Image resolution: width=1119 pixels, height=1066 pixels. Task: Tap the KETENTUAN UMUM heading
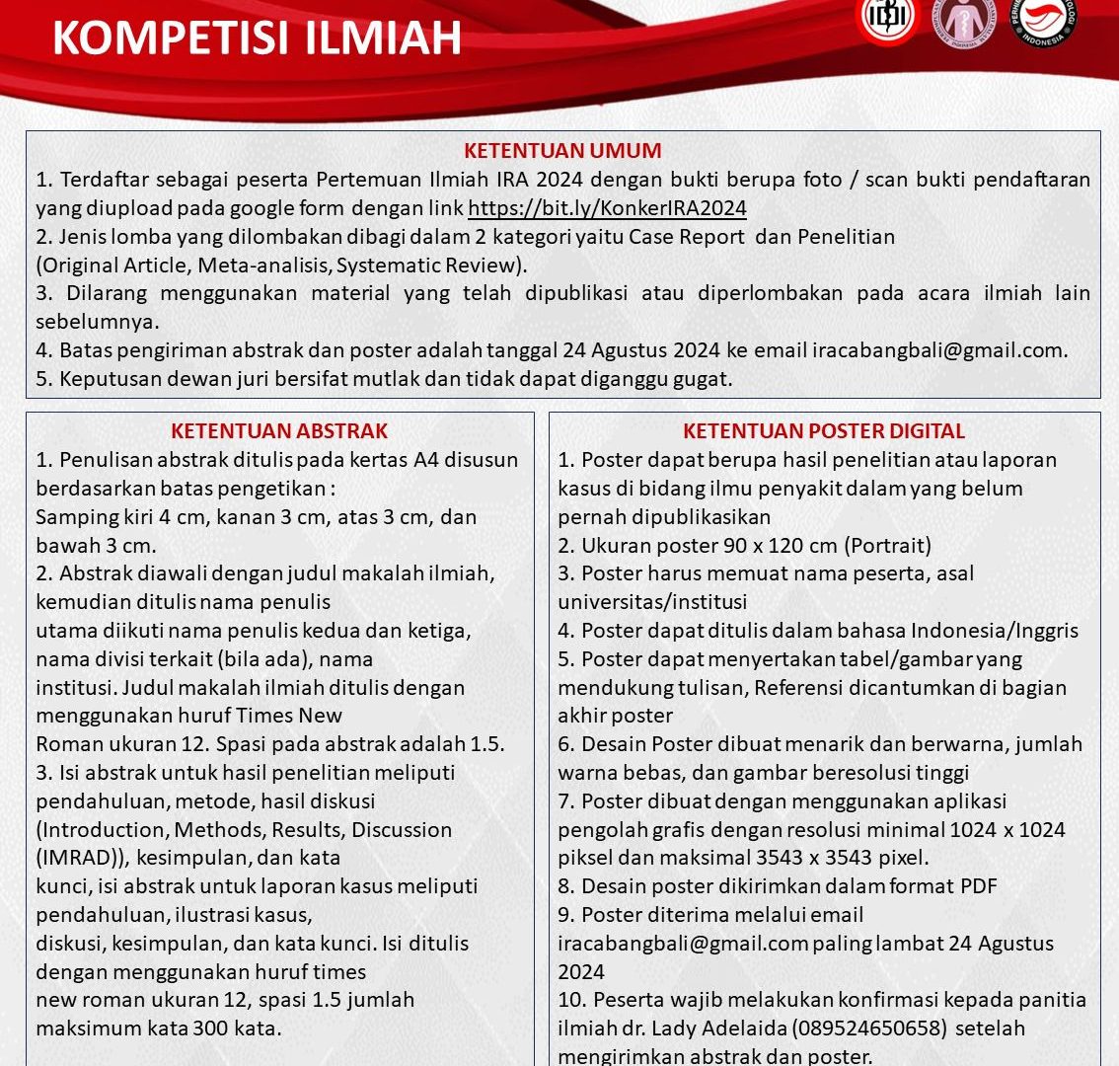[562, 151]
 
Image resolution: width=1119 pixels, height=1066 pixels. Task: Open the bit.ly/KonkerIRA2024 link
[607, 208]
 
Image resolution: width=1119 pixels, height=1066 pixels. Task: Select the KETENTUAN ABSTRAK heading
[279, 430]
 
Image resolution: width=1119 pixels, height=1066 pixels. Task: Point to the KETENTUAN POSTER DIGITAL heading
[824, 430]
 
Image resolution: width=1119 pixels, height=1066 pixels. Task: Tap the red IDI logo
[887, 20]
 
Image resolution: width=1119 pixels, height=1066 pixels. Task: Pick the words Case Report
[688, 237]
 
